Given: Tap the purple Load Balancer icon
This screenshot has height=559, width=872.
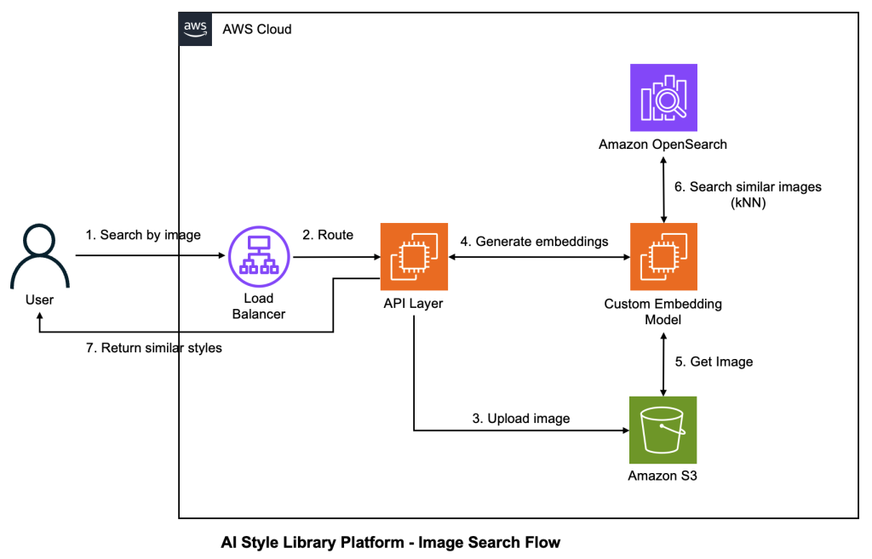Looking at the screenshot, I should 258,254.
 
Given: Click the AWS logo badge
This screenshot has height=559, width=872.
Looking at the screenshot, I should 195,29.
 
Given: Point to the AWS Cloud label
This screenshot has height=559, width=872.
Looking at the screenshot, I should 257,29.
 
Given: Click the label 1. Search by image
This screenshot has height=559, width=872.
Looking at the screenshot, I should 142,235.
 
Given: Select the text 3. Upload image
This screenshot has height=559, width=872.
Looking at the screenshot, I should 521,418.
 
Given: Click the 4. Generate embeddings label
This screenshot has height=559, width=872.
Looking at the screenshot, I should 535,242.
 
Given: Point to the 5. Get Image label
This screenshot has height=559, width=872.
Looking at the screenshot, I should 714,362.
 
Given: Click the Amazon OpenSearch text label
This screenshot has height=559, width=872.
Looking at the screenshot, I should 663,145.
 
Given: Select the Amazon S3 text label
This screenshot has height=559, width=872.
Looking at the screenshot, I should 663,476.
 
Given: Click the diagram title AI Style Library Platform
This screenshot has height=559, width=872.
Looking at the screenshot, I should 391,541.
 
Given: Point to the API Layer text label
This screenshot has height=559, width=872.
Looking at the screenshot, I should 413,303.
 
